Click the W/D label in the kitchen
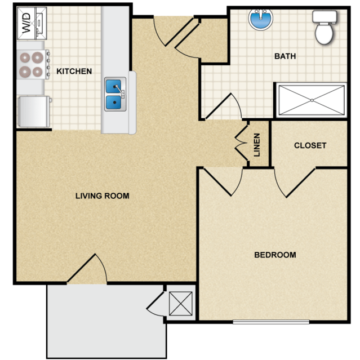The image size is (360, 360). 26,23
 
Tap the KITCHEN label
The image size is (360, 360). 74,71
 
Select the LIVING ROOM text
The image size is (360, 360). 103,196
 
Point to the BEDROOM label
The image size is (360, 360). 275,255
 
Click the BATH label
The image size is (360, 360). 285,56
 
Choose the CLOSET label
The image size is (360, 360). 310,145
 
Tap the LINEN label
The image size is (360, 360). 257,145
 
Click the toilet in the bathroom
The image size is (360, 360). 325,27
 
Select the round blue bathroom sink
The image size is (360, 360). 261,20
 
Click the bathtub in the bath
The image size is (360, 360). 312,100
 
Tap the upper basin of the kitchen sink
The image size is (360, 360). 113,86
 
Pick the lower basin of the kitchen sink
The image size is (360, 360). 113,103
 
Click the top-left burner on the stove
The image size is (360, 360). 25,57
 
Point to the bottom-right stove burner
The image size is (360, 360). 37,72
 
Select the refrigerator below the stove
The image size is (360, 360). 34,112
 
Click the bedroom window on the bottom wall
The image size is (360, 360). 271,322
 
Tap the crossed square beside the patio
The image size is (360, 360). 181,304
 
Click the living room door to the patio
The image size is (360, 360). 87,268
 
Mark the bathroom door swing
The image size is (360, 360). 224,106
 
